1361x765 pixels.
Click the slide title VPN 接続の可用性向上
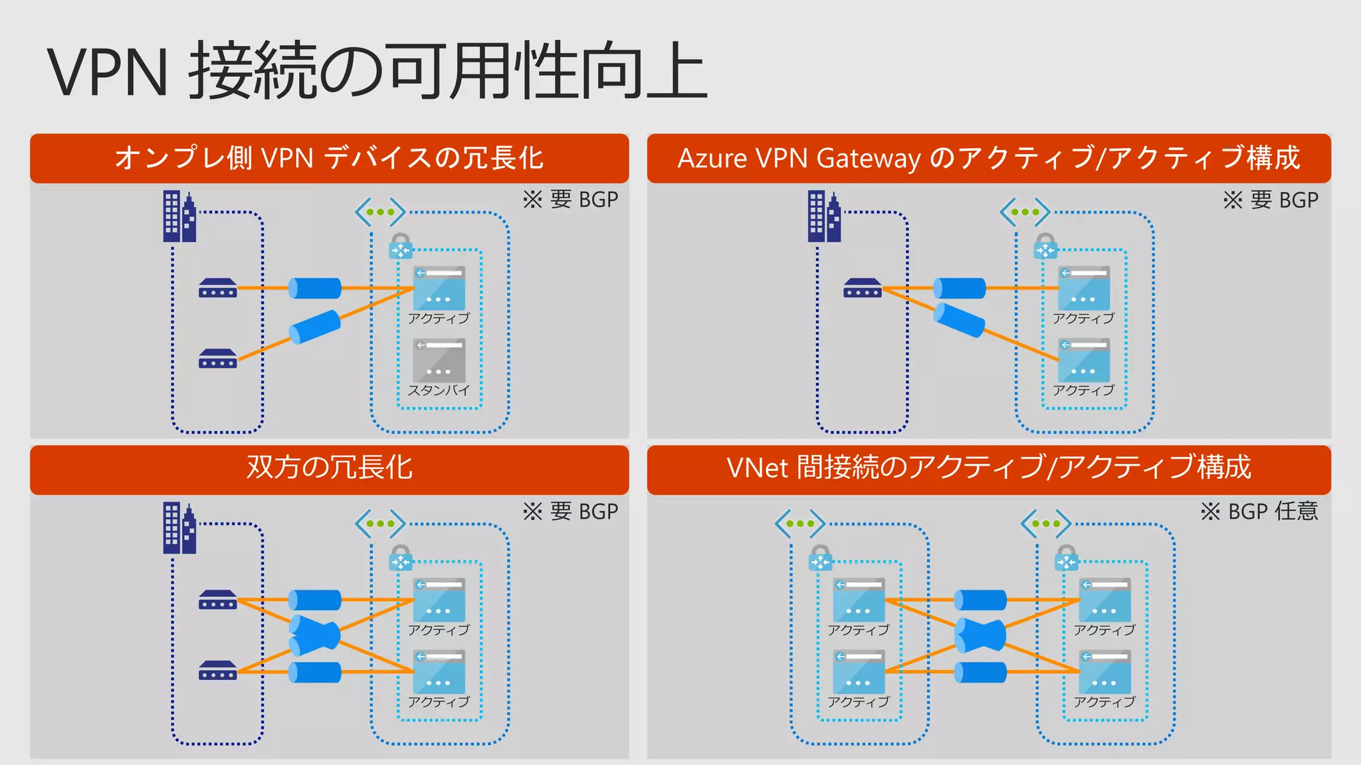click(x=377, y=71)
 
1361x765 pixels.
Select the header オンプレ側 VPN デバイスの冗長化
click(x=329, y=158)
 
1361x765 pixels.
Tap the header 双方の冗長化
click(x=329, y=467)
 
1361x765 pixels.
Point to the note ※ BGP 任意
click(x=1259, y=511)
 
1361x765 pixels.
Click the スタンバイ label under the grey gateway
click(x=439, y=390)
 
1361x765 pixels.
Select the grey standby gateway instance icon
click(x=439, y=360)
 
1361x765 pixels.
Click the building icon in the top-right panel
click(x=824, y=216)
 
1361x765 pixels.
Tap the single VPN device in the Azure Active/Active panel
click(x=862, y=288)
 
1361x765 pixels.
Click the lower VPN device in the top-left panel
click(x=217, y=359)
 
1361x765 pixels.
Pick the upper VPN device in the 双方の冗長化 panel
click(x=217, y=600)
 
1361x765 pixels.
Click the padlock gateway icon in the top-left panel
click(x=401, y=246)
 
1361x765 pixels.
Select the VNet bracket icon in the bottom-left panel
click(x=380, y=523)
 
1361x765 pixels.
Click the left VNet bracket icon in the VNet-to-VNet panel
click(x=800, y=523)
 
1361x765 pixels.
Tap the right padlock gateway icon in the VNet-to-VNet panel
click(x=1067, y=558)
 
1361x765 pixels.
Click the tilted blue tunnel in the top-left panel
click(x=315, y=326)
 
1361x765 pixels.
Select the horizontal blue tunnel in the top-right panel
click(x=959, y=288)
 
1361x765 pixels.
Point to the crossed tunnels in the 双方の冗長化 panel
click(x=315, y=636)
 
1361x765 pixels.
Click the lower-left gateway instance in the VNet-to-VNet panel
click(x=859, y=672)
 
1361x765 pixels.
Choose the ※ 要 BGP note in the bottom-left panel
click(x=570, y=511)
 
